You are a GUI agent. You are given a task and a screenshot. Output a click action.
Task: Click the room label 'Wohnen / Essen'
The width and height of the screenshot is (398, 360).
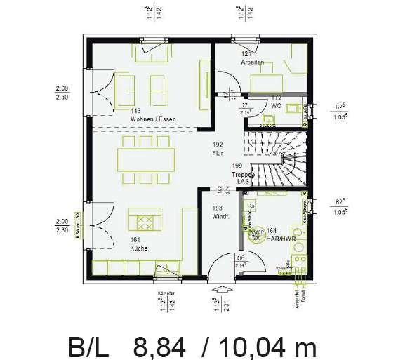click(x=152, y=119)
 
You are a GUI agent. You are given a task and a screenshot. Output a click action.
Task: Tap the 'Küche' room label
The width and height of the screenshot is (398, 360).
click(x=138, y=248)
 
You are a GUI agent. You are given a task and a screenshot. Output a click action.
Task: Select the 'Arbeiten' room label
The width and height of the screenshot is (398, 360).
click(x=252, y=62)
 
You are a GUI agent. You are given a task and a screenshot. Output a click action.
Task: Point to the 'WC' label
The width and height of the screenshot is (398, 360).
click(x=276, y=105)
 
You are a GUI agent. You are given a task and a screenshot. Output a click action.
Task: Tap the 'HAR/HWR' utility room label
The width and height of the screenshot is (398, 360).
click(x=281, y=238)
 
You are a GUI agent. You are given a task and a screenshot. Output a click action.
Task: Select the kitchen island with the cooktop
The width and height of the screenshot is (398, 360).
click(x=145, y=220)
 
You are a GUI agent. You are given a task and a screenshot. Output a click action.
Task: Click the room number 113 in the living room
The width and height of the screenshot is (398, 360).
click(x=136, y=111)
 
